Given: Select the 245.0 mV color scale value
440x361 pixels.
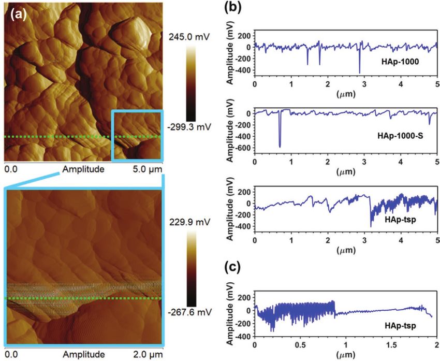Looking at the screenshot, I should click(187, 37).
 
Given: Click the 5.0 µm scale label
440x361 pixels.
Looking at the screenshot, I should click(148, 169).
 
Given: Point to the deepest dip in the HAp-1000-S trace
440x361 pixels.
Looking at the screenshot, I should click(280, 147).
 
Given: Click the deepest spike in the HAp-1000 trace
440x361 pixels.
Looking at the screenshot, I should click(359, 72).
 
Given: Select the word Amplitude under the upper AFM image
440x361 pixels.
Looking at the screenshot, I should click(83, 169).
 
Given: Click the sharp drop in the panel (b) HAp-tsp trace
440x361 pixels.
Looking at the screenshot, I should click(371, 212).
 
